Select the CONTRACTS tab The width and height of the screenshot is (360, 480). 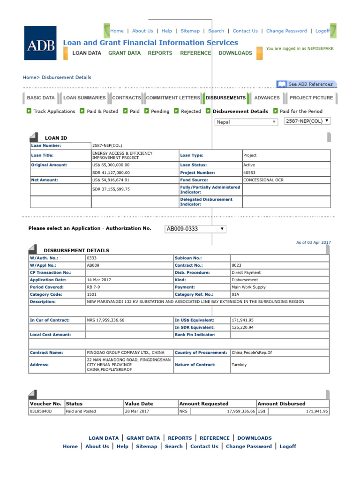(127, 98)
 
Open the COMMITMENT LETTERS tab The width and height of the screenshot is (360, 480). (173, 98)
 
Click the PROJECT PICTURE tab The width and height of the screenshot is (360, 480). (311, 98)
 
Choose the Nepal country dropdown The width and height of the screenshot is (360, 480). (246, 122)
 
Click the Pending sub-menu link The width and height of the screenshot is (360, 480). (160, 112)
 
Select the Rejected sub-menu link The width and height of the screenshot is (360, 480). (191, 112)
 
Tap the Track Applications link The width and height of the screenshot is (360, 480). (54, 112)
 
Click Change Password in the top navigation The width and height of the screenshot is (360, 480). (286, 31)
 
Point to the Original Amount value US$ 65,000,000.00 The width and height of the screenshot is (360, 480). (111, 165)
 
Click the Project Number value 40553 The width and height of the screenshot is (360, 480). (249, 172)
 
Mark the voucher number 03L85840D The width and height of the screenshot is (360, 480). (41, 411)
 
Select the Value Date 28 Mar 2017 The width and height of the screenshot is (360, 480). (137, 411)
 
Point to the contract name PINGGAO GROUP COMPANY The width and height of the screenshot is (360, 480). (126, 352)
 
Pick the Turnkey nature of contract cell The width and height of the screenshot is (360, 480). (240, 365)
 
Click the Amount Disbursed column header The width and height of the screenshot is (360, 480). (281, 404)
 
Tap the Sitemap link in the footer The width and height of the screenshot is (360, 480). (146, 446)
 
